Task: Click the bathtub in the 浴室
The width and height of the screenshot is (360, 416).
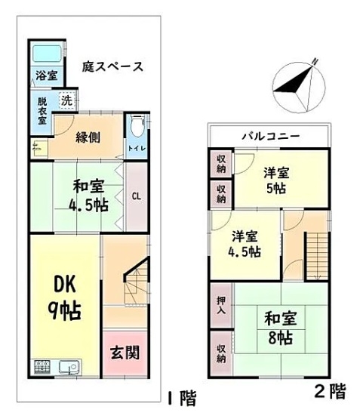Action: point(47,54)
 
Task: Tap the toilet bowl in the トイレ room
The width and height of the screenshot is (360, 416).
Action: point(137,126)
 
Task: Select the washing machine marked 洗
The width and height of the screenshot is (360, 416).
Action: point(67,100)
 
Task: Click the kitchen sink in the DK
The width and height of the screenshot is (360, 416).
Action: point(69,367)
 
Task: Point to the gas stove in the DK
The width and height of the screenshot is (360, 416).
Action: point(42,367)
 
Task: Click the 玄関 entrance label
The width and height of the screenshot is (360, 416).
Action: point(125,353)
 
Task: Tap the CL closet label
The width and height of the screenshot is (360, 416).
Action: point(137,196)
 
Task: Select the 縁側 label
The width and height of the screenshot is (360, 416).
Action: point(88,137)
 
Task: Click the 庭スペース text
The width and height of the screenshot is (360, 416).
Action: point(112,66)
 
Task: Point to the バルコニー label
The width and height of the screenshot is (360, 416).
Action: point(271,137)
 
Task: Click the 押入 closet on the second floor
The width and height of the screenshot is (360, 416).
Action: point(221,305)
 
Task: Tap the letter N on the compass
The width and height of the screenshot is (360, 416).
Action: point(315,61)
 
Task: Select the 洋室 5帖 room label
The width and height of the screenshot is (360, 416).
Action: point(276,180)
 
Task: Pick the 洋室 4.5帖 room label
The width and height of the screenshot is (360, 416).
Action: point(245,244)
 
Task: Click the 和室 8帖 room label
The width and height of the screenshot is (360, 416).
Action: point(281,328)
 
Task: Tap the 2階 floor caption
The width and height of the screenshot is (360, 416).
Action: point(331,391)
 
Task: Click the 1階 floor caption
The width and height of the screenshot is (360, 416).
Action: point(183,398)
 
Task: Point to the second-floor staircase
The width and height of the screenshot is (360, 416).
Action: point(317,256)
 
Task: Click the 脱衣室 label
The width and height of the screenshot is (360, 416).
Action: point(42,111)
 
